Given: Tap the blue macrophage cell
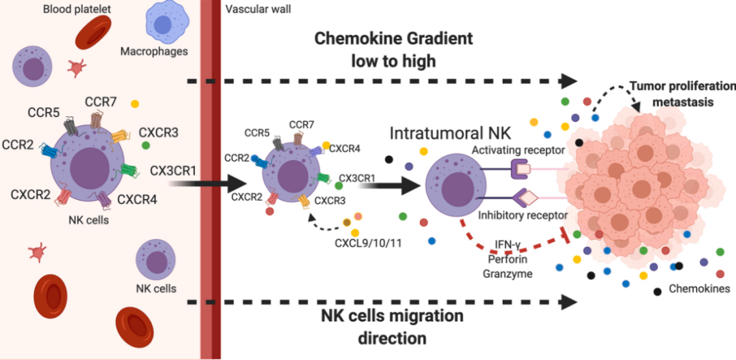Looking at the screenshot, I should (x=164, y=25).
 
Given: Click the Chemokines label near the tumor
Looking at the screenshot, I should (x=699, y=288).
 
